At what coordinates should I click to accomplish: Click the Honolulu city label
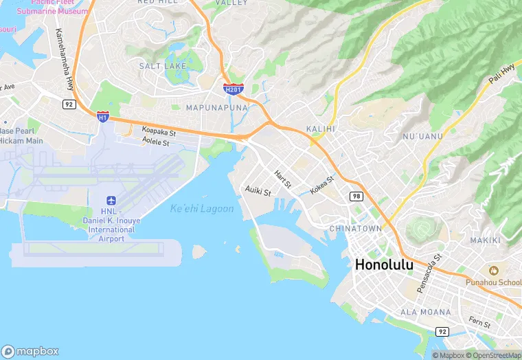[384, 265]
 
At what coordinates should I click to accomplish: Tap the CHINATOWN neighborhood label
[355, 228]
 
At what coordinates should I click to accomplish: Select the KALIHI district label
[320, 128]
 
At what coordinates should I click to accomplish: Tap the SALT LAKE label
[162, 66]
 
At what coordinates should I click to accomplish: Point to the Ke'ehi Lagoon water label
[202, 208]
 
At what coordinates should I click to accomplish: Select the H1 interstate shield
[102, 117]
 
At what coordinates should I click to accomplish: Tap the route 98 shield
[356, 196]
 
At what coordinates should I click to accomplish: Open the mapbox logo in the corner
[30, 350]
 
